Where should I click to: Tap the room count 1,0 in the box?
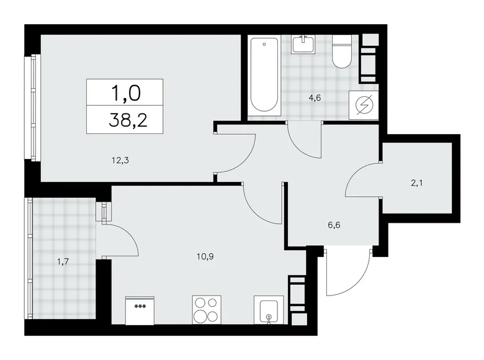pos(125,93)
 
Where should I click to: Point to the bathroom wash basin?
pos(303,45)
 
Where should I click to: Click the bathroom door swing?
pos(306,140)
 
